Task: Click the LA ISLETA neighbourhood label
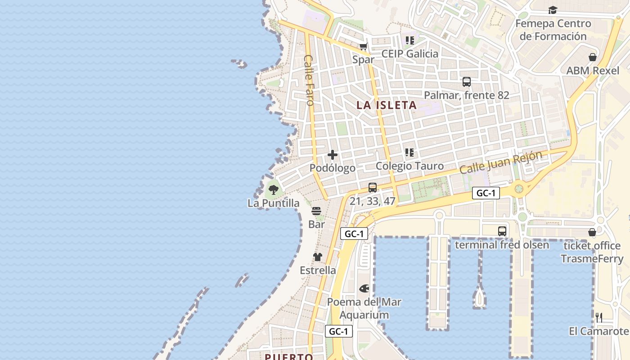(x=387, y=105)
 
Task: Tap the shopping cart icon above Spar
(x=364, y=46)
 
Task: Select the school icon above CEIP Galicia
(x=409, y=40)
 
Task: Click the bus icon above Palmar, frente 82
(x=467, y=82)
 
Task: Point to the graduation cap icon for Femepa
(x=553, y=10)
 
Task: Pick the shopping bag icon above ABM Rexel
(x=593, y=57)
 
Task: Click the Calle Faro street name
(x=309, y=80)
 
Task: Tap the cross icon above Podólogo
(x=333, y=155)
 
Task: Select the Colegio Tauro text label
(x=409, y=166)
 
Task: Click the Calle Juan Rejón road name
(x=501, y=163)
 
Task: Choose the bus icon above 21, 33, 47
(x=373, y=188)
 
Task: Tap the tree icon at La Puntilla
(x=273, y=189)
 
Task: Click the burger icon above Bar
(x=316, y=211)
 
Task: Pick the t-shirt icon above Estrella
(x=318, y=257)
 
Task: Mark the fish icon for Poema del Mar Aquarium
(x=364, y=288)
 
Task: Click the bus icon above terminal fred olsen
(x=502, y=231)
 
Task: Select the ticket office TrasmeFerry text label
(x=592, y=252)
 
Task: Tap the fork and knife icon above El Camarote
(x=599, y=318)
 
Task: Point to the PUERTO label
(x=289, y=357)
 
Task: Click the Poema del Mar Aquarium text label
(x=364, y=308)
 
